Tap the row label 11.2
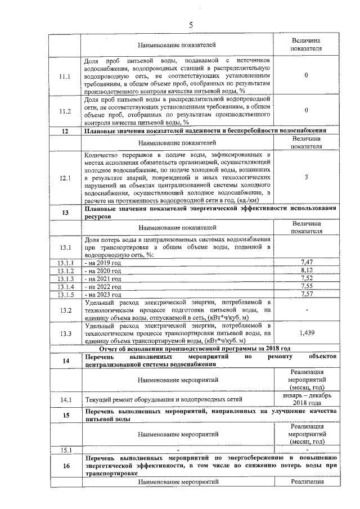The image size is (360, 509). (65, 111)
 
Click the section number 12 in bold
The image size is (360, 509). (65, 132)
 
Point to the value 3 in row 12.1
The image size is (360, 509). (306, 178)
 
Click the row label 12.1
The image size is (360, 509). (65, 178)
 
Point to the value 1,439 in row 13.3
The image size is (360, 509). (306, 333)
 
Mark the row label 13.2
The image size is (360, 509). (65, 310)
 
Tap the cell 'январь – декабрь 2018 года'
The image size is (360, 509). (306, 400)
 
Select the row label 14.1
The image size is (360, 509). (65, 400)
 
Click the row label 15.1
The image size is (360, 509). (65, 450)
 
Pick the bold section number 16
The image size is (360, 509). (65, 466)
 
